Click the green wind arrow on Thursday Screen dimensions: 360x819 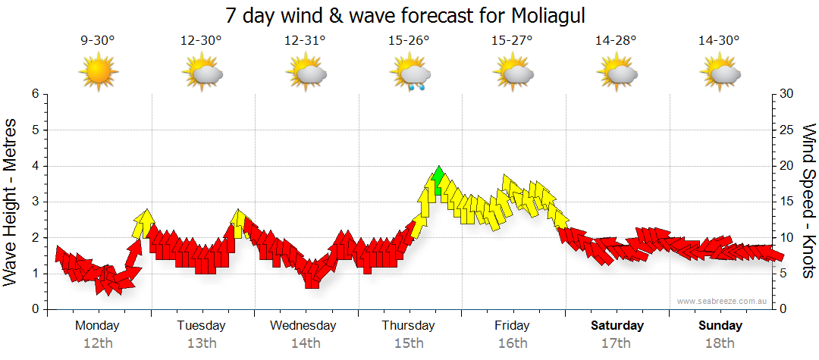[438, 181]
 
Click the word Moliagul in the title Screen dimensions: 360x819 [544, 15]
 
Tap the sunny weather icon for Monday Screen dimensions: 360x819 [98, 73]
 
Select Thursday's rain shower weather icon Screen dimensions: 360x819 [409, 74]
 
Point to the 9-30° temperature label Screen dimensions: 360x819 [98, 41]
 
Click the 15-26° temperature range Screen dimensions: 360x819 [409, 41]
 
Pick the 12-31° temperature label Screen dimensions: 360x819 [305, 41]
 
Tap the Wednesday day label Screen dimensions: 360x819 [303, 326]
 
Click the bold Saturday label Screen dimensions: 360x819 [617, 326]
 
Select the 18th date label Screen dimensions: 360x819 [720, 343]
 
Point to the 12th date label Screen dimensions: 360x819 [97, 343]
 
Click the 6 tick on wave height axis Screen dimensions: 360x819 [35, 94]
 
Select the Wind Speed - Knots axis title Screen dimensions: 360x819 [808, 201]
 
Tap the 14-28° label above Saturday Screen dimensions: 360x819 [617, 41]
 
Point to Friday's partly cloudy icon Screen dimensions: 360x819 [513, 73]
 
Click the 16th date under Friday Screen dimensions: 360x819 [513, 343]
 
